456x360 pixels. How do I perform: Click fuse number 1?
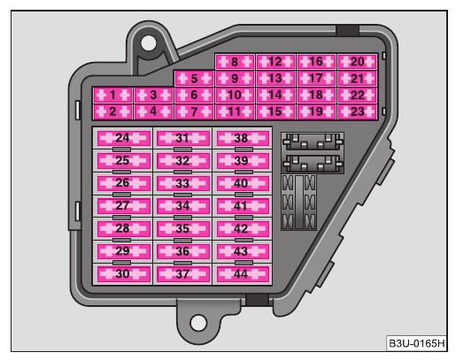[112, 95]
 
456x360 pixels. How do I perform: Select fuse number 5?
[194, 79]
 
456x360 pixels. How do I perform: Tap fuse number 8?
[235, 62]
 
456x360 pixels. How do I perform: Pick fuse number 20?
[357, 62]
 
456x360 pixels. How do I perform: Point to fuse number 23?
[357, 111]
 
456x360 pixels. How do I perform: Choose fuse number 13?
[275, 79]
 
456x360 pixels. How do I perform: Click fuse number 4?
[153, 111]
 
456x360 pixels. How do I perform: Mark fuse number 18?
[316, 95]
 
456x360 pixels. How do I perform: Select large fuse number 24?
[123, 138]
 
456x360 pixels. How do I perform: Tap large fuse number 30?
[123, 274]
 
